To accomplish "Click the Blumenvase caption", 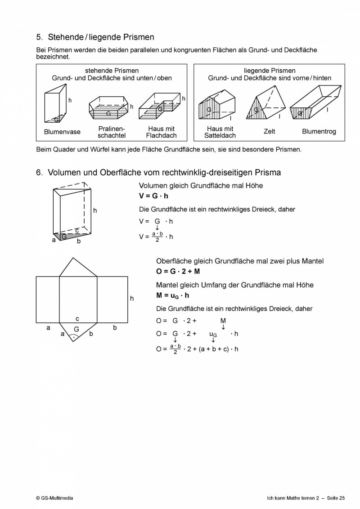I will [x=62, y=132].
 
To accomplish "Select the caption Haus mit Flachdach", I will [x=162, y=132].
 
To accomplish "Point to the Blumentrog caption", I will [x=319, y=132].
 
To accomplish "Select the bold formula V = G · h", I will [x=154, y=196].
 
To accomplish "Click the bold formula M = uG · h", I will [x=173, y=295].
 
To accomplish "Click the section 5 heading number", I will [x=39, y=37].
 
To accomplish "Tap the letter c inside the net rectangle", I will [x=77, y=318].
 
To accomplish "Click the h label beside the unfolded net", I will [x=132, y=298].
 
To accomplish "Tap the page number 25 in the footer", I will [x=342, y=498].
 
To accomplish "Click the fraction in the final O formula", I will [x=175, y=349].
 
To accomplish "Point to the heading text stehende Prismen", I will [x=112, y=71].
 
